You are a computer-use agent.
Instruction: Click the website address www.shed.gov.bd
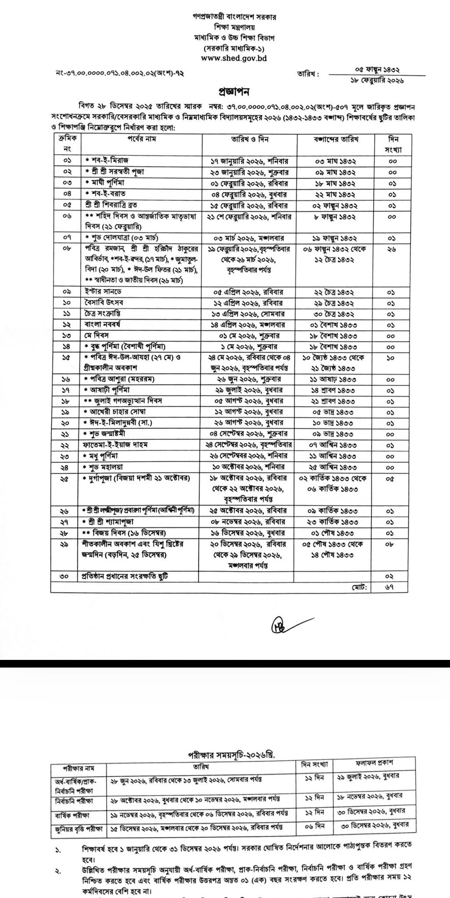[x=234, y=57]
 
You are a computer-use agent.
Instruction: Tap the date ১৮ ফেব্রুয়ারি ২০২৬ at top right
[x=377, y=80]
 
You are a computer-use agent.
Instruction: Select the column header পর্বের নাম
[x=142, y=139]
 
